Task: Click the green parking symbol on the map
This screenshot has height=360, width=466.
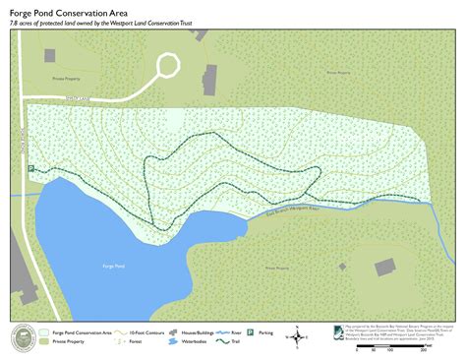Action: (30, 169)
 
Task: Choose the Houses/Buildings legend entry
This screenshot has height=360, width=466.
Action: (192, 333)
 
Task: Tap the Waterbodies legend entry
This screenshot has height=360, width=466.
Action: (192, 344)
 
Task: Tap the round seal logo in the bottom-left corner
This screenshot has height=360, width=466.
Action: (22, 338)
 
